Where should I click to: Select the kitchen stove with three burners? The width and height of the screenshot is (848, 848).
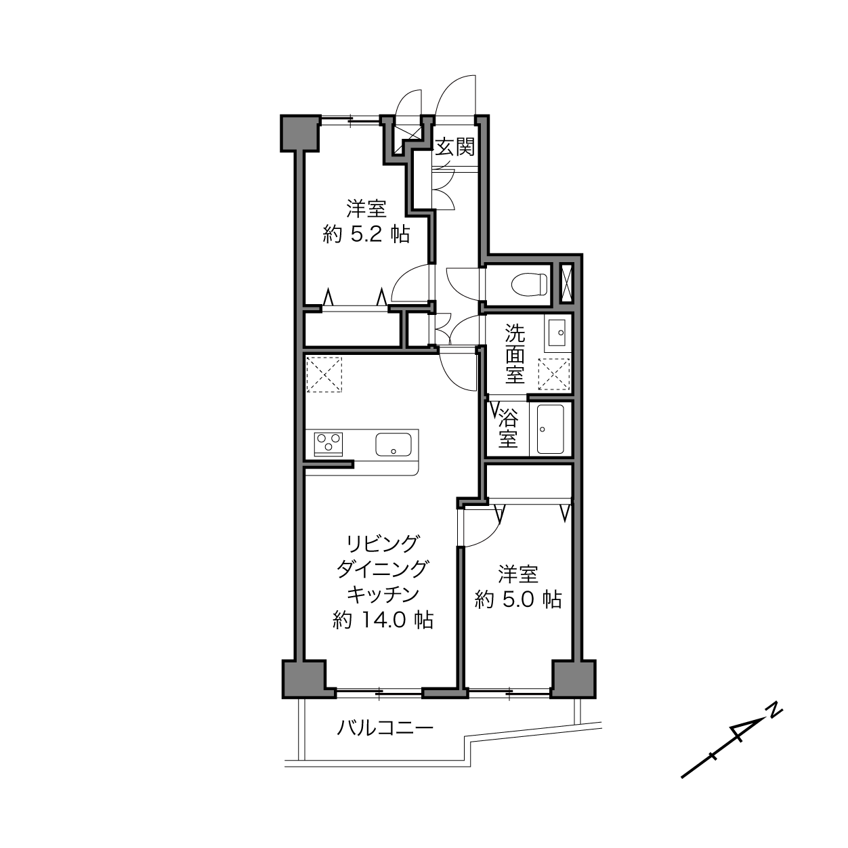(328, 444)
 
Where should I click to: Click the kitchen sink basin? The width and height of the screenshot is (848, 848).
(393, 444)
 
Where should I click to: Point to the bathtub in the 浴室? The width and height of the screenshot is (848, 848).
(550, 429)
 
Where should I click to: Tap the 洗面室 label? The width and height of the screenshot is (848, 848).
(515, 354)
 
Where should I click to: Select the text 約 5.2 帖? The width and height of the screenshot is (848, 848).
(366, 234)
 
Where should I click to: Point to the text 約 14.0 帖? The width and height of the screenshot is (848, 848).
(383, 620)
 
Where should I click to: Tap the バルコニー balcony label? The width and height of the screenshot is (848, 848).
(385, 728)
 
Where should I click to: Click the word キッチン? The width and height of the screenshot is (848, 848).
(383, 595)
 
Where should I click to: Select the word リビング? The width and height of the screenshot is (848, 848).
(383, 544)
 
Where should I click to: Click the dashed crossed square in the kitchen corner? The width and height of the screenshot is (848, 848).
(324, 374)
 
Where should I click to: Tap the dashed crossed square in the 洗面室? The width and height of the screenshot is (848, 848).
(553, 374)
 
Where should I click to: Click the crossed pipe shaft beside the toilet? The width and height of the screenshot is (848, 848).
(567, 283)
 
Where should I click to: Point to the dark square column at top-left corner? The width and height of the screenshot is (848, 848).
(300, 133)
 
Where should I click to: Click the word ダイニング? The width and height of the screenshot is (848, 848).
(383, 570)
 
